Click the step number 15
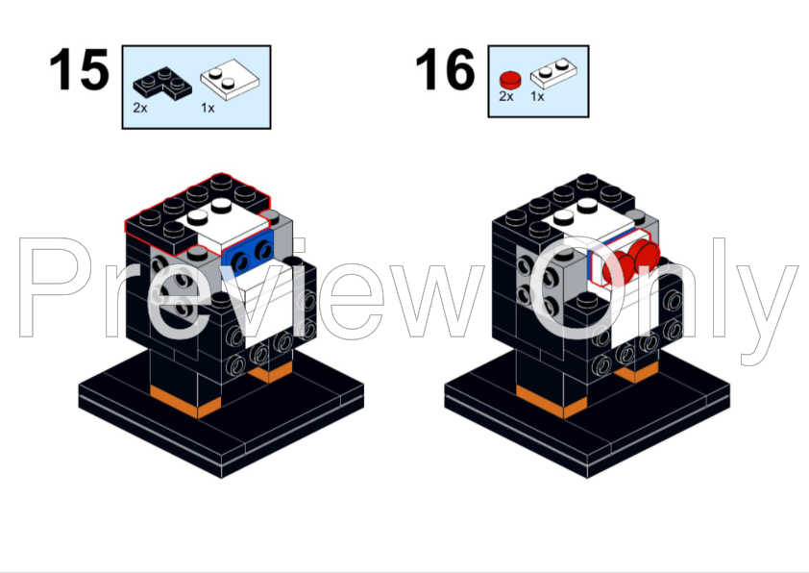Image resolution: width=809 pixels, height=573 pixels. [80, 70]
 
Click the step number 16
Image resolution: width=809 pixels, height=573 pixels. [445, 70]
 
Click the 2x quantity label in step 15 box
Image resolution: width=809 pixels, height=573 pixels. [140, 108]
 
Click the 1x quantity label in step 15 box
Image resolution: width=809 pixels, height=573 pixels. [208, 108]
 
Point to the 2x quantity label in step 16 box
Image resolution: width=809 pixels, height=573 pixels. [506, 98]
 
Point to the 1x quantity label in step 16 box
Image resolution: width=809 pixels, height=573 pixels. [537, 98]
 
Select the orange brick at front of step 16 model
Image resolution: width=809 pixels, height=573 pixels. [542, 398]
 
